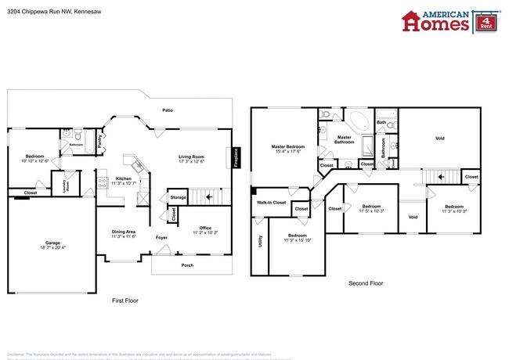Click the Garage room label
(52, 243)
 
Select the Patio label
(168, 110)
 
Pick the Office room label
(205, 228)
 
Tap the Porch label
(187, 265)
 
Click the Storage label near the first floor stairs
(179, 197)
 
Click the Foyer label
(161, 237)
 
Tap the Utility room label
(259, 244)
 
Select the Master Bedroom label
(288, 146)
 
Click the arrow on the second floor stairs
(441, 178)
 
